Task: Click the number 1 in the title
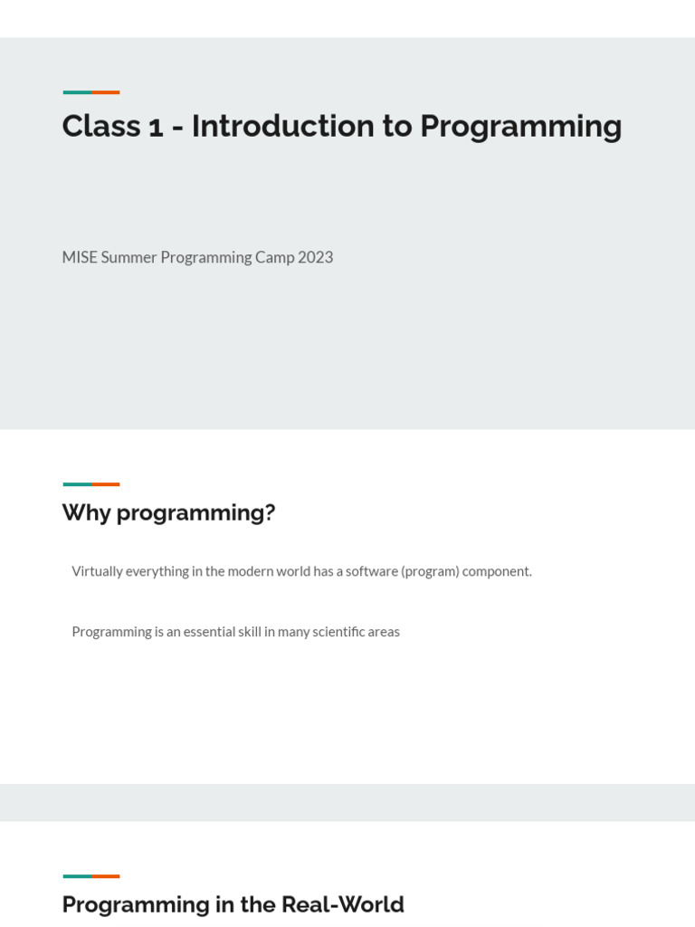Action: (x=156, y=127)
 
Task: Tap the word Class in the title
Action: (x=101, y=127)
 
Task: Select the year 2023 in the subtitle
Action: (x=315, y=257)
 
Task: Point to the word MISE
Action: (x=80, y=257)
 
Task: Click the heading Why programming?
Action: (x=168, y=512)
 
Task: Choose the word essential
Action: (x=208, y=632)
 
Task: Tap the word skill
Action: (x=249, y=632)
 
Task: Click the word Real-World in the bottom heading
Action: (x=342, y=904)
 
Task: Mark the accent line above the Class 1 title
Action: (x=91, y=92)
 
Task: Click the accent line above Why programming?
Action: (x=91, y=484)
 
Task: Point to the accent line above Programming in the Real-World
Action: (x=91, y=876)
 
